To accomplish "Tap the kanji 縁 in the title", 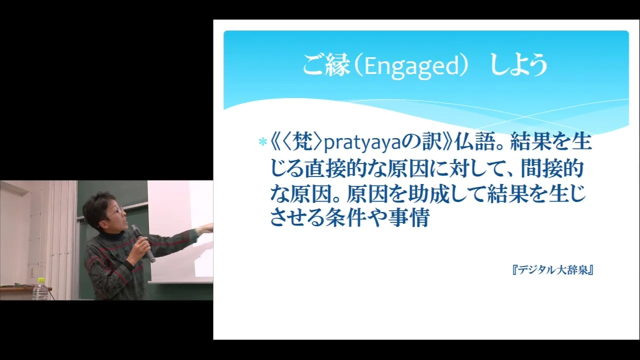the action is point(337,65).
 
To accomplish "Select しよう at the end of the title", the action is point(518,65).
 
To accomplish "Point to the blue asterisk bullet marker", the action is point(262,141).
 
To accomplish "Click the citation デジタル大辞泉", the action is point(553,270).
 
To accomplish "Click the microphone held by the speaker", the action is point(143,243).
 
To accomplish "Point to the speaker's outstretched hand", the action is point(206,228).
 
